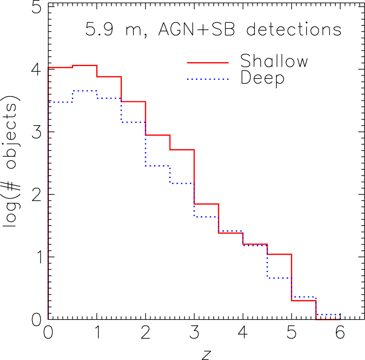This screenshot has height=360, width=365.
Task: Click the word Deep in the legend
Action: (x=262, y=79)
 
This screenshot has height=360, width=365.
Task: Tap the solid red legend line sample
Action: (x=208, y=63)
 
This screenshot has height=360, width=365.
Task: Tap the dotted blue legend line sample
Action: (x=208, y=79)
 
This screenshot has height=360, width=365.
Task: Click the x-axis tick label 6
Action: (x=340, y=332)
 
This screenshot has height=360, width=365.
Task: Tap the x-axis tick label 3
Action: (x=194, y=332)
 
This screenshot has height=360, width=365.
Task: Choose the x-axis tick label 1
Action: (x=97, y=332)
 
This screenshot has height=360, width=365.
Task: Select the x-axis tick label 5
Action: (x=291, y=332)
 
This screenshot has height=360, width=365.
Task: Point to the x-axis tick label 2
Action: (x=145, y=332)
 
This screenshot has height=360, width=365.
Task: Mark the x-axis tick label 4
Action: (x=243, y=332)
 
